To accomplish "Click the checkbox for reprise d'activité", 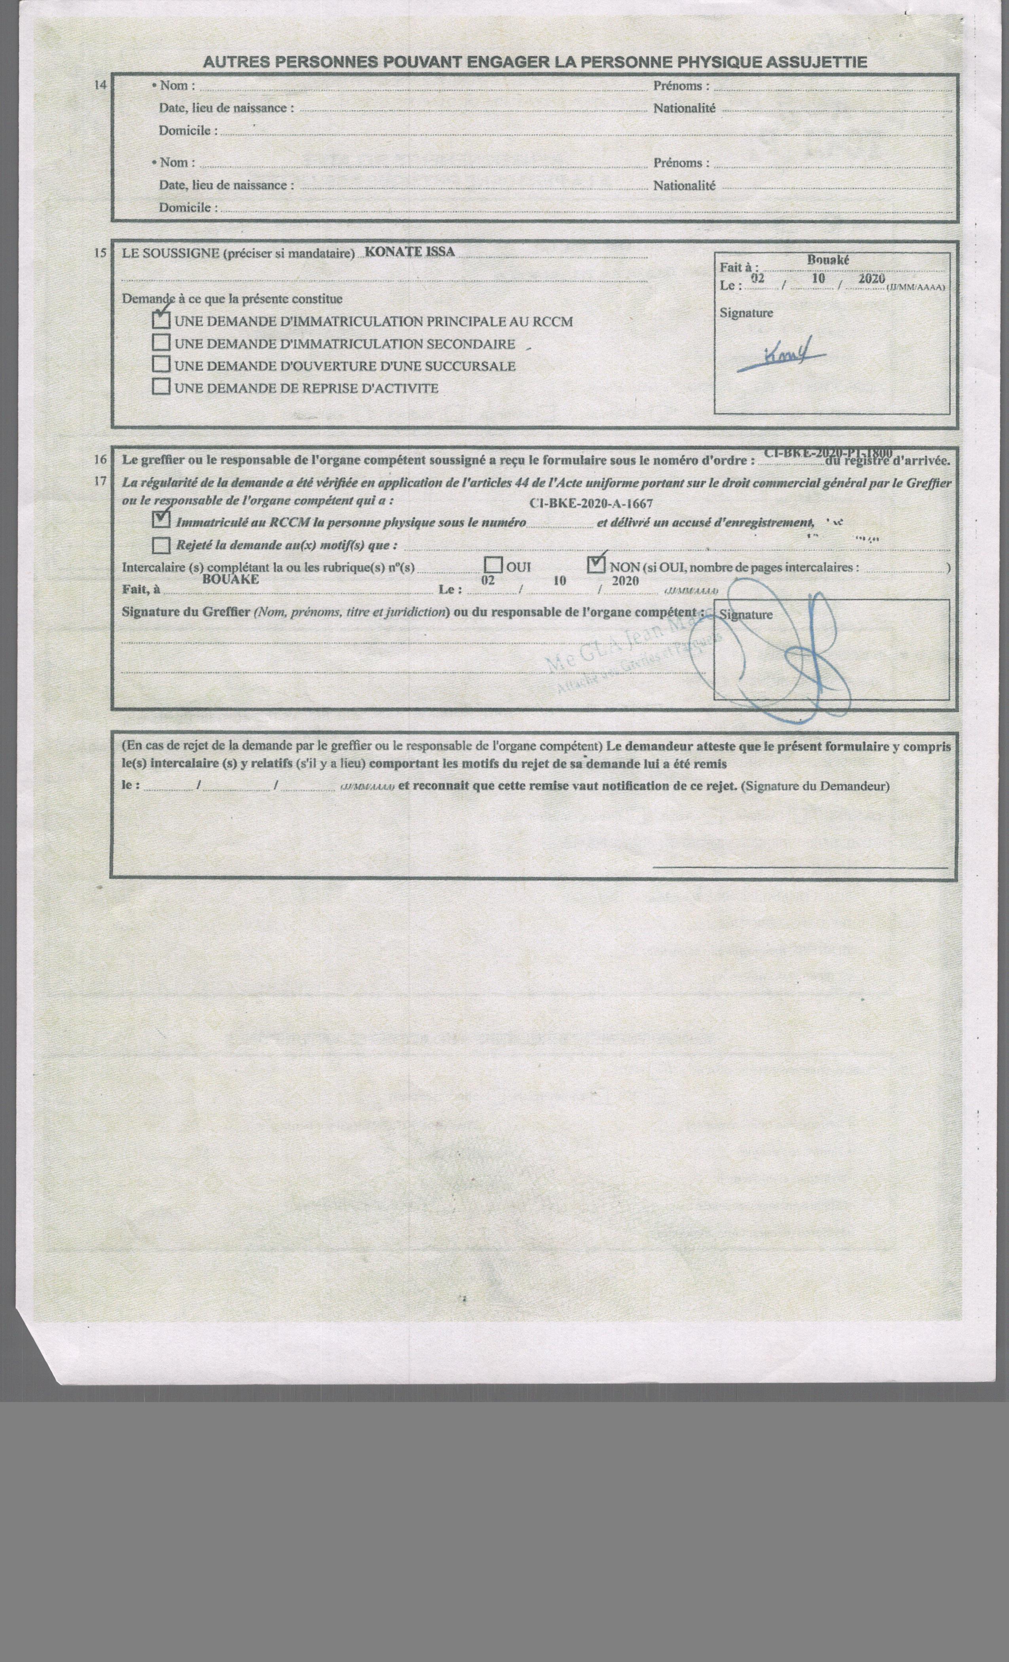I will tap(161, 388).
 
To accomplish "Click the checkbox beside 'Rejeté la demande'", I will tap(161, 545).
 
